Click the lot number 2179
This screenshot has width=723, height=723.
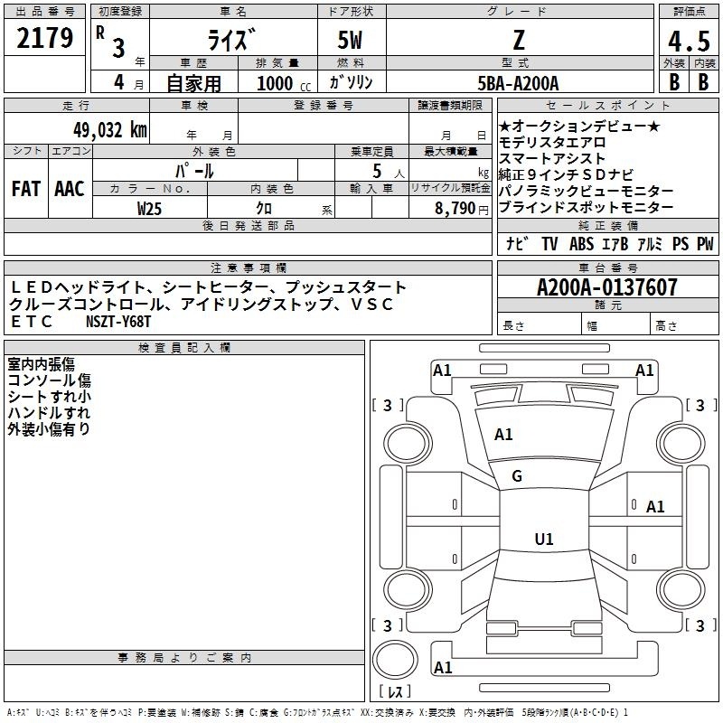click(44, 38)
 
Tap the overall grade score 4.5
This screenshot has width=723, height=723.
click(689, 41)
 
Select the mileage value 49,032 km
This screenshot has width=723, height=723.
click(109, 130)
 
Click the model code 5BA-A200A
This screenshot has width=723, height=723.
click(518, 83)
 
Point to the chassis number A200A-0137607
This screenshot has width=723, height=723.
click(607, 287)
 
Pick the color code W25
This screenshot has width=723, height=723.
click(149, 209)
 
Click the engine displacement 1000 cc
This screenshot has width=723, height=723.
click(284, 83)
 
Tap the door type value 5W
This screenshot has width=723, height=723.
click(350, 40)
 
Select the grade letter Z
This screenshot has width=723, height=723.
click(519, 40)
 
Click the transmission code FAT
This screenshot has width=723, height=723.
click(26, 189)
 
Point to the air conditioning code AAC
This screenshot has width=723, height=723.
click(70, 189)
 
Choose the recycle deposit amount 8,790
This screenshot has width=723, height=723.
click(455, 209)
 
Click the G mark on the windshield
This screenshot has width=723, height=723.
click(517, 476)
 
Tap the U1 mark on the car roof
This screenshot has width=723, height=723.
click(544, 539)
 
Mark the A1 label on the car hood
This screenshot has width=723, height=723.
click(503, 435)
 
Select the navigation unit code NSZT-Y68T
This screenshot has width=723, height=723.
click(118, 322)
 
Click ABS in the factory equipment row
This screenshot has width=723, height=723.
click(581, 243)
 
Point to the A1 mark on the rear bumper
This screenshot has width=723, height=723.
click(443, 668)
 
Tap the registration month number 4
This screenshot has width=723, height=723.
click(119, 82)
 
